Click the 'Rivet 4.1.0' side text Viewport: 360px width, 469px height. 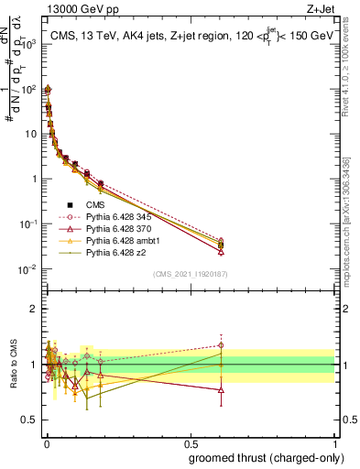[x=352, y=78]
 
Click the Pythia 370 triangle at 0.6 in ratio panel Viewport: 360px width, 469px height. [x=221, y=390]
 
